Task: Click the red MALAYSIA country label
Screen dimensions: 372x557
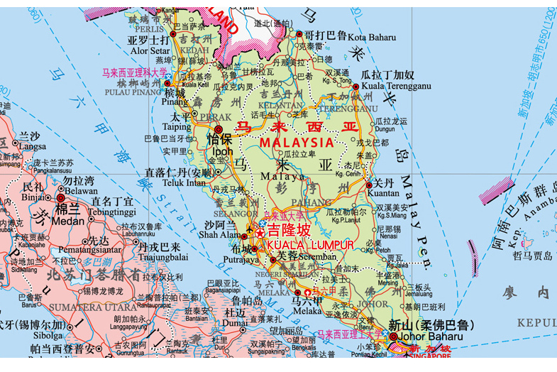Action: point(297,142)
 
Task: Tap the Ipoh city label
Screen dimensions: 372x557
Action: point(222,151)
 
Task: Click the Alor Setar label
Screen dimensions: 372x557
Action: point(150,51)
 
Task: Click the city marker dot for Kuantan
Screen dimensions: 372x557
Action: point(368,186)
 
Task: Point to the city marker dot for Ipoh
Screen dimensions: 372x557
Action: point(217,129)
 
